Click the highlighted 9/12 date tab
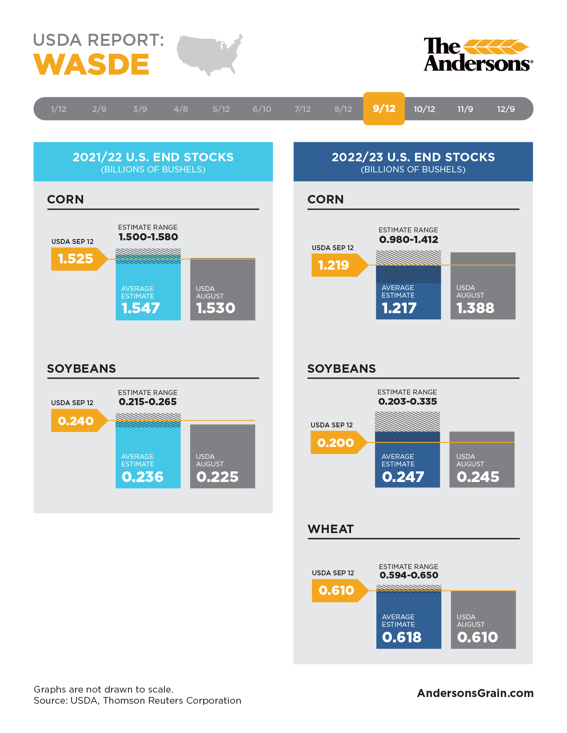click(x=384, y=108)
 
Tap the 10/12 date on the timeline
click(x=424, y=109)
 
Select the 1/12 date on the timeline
click(x=59, y=109)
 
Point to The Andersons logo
click(x=478, y=55)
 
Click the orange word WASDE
click(x=92, y=65)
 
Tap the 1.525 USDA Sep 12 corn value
click(x=76, y=259)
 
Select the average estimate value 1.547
click(x=140, y=308)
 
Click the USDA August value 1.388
click(x=475, y=308)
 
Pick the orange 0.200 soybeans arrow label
click(x=335, y=443)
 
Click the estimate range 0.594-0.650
click(x=409, y=575)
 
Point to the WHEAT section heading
click(x=331, y=529)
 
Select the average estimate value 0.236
click(x=143, y=477)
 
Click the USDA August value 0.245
click(x=478, y=477)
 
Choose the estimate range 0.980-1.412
click(x=408, y=240)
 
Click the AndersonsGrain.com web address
click(x=475, y=693)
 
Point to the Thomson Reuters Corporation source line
click(x=137, y=701)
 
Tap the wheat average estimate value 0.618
click(x=402, y=637)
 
